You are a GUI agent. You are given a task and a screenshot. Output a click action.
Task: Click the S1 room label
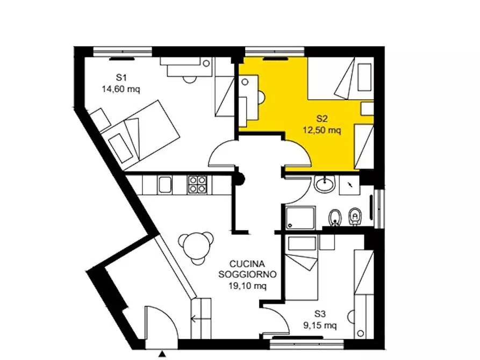pos(121,77)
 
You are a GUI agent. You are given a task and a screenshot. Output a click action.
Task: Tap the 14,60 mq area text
pos(121,89)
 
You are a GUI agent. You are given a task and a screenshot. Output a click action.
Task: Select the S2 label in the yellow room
pos(322,118)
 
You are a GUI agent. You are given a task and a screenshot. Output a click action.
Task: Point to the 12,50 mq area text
pos(322,131)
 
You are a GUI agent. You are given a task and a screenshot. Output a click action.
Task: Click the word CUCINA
pos(247,264)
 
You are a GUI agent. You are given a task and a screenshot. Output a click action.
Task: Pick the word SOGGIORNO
pos(247,274)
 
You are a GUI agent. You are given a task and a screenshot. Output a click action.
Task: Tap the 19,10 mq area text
pos(247,286)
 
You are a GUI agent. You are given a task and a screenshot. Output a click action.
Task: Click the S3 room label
pos(320,314)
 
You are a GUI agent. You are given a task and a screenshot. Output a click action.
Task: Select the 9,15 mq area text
pos(320,325)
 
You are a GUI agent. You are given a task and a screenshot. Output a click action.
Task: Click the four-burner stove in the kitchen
pos(197,185)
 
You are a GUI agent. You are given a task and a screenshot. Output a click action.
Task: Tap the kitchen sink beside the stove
pos(165,185)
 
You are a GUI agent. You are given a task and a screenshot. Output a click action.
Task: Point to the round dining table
pos(196,248)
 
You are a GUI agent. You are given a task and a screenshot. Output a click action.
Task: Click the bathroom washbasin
pos(325,184)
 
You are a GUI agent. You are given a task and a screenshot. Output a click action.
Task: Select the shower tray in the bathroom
pos(300,218)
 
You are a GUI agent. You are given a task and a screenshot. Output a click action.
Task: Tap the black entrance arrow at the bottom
pos(162,354)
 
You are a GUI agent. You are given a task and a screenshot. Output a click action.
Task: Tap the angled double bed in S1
pos(141,135)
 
